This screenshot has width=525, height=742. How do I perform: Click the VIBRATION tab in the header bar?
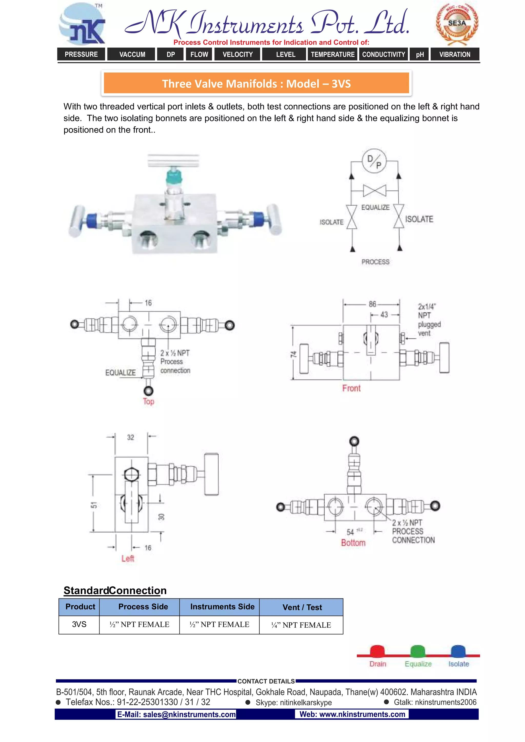click(x=455, y=54)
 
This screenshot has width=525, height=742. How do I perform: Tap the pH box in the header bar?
click(x=420, y=54)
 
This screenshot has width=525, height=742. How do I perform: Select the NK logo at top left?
click(x=83, y=24)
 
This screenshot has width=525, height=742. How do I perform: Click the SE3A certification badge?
click(x=457, y=24)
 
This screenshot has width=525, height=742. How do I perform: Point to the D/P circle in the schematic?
click(x=374, y=161)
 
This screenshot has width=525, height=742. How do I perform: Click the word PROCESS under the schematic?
click(x=375, y=262)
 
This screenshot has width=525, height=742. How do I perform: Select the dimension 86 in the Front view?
click(x=372, y=304)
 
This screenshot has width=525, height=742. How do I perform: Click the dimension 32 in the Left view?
click(x=130, y=437)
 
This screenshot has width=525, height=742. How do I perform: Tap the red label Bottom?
click(x=353, y=543)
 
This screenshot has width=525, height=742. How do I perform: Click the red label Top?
click(x=148, y=401)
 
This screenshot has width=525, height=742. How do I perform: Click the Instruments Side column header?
click(x=223, y=607)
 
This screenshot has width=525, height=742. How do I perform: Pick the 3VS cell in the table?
click(x=79, y=624)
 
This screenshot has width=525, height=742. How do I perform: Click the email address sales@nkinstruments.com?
click(x=176, y=714)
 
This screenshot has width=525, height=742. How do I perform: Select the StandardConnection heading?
click(x=115, y=591)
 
